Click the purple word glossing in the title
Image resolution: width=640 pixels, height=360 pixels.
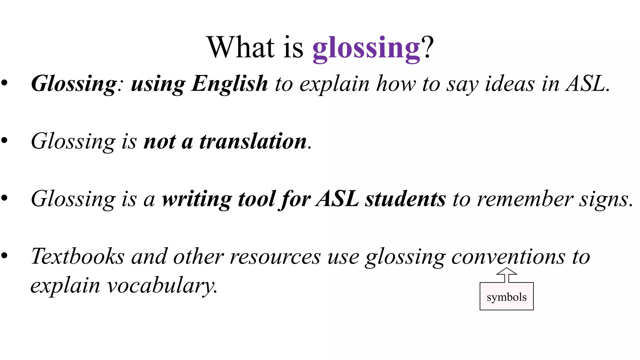(x=366, y=48)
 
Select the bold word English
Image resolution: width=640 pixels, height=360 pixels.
(x=230, y=84)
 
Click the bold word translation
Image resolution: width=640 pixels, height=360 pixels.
(x=253, y=141)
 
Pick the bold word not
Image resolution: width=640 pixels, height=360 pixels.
(x=159, y=141)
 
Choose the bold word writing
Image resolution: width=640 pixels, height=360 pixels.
(x=197, y=199)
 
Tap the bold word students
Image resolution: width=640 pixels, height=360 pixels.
(x=406, y=199)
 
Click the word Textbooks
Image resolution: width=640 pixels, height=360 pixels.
(x=77, y=256)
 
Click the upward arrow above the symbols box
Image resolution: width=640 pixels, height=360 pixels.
(x=507, y=275)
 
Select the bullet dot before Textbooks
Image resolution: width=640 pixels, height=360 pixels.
(x=4, y=256)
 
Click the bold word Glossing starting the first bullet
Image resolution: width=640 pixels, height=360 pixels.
(x=74, y=84)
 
